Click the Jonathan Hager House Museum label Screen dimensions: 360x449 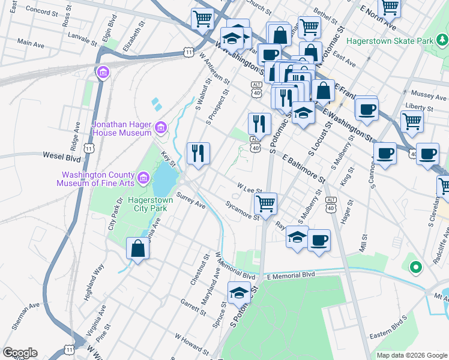point(122,128)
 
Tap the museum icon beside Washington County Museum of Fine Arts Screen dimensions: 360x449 point(143,178)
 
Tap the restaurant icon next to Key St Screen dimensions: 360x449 point(198,153)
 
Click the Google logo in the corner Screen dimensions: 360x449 point(20,353)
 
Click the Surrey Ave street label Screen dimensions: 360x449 point(191,202)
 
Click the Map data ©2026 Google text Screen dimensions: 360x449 point(411,355)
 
